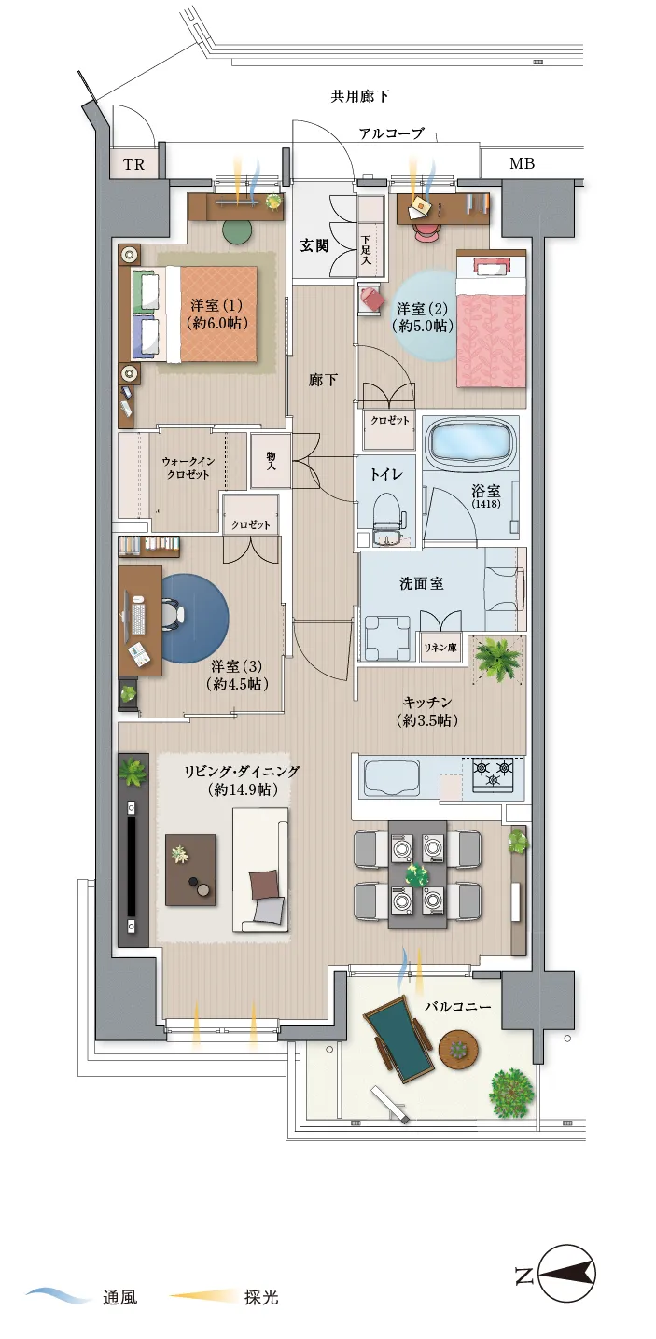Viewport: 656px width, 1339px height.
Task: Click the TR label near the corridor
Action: pyautogui.click(x=134, y=164)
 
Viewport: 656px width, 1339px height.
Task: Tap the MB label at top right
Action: pyautogui.click(x=522, y=163)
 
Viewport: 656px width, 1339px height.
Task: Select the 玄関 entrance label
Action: pyautogui.click(x=314, y=245)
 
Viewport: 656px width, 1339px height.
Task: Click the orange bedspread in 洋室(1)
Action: pyautogui.click(x=218, y=314)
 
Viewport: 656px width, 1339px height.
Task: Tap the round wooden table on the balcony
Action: pyautogui.click(x=459, y=1050)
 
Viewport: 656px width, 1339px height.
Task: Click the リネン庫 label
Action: pyautogui.click(x=440, y=648)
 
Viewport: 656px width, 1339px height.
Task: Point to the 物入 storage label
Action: pyautogui.click(x=271, y=460)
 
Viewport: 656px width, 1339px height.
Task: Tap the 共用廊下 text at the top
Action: pyautogui.click(x=360, y=96)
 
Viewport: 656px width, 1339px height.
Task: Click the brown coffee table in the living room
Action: pyautogui.click(x=190, y=870)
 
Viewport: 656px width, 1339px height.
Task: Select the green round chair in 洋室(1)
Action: pyautogui.click(x=237, y=230)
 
